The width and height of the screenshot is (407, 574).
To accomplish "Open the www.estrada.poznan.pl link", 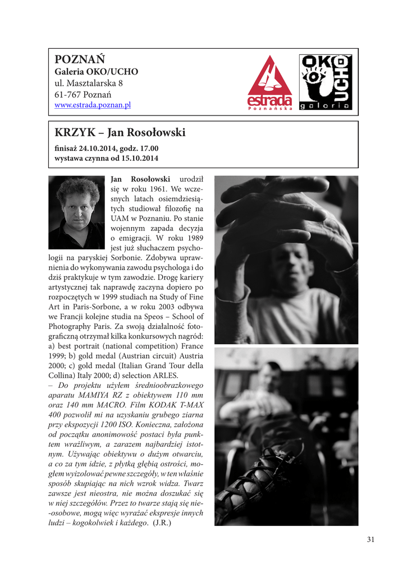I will click(x=93, y=105).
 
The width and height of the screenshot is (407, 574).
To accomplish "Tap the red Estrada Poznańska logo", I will click(x=270, y=82).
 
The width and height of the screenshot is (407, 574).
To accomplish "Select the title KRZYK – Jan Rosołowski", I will click(x=120, y=133).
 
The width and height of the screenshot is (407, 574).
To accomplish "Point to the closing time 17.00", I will click(x=148, y=149).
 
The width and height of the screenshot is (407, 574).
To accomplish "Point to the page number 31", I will click(x=371, y=539).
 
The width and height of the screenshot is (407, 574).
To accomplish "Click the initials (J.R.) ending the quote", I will click(x=162, y=524).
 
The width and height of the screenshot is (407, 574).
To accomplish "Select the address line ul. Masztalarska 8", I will click(x=88, y=83).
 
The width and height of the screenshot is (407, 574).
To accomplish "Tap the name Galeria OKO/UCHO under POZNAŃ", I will click(x=96, y=72).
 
